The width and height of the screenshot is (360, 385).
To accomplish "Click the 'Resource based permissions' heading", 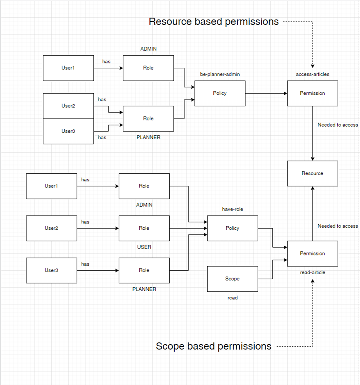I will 213,22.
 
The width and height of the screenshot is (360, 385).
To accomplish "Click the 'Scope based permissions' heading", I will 213,346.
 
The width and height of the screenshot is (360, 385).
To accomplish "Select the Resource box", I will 313,173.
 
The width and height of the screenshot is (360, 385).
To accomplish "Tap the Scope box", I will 232,279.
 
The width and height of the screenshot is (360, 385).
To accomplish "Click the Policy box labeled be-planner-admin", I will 220,93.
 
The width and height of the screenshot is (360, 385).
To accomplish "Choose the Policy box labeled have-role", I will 232,228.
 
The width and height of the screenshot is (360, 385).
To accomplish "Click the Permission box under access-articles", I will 313,93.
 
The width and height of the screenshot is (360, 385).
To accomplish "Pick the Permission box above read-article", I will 313,253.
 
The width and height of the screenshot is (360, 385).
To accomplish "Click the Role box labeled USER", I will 144,228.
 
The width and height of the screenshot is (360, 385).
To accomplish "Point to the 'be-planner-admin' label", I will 220,74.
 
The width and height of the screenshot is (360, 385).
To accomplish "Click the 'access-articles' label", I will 313,74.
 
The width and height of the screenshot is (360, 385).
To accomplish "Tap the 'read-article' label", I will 313,272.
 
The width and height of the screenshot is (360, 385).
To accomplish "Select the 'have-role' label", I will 232,209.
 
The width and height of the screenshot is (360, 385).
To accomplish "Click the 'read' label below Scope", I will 232,298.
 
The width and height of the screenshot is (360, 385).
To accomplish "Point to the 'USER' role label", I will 144,247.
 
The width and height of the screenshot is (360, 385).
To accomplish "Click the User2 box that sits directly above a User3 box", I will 68,106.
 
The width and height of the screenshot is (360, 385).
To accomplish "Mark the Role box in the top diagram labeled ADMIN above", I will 148,68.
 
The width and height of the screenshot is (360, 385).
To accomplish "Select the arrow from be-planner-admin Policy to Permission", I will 266,93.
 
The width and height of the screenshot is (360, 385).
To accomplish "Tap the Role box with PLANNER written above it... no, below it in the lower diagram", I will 144,270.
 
